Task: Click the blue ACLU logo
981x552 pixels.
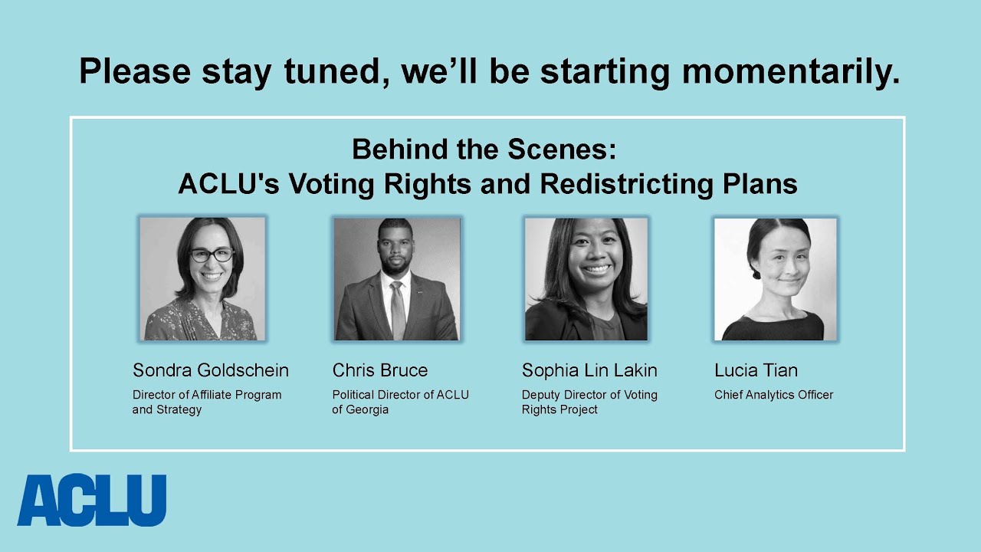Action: pos(91,501)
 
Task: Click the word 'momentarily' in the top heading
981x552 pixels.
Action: pos(790,72)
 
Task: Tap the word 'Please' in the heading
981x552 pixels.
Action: pos(135,72)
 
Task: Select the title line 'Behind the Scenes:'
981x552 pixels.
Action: pos(484,149)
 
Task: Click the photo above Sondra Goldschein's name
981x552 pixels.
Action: pos(202,279)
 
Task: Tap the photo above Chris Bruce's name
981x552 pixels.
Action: pos(396,279)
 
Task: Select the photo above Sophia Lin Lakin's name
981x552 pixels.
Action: pos(586,279)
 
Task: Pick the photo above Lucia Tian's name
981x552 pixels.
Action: pos(775,279)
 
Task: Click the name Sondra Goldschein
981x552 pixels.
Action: pos(211,370)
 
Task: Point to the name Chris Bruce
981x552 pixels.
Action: pos(380,370)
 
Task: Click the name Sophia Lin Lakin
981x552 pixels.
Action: pos(589,370)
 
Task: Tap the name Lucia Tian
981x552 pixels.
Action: pos(756,370)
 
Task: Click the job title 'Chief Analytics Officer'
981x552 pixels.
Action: pos(773,395)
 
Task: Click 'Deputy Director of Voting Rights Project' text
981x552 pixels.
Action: pos(589,402)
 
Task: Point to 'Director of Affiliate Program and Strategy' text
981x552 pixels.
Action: pos(207,402)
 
